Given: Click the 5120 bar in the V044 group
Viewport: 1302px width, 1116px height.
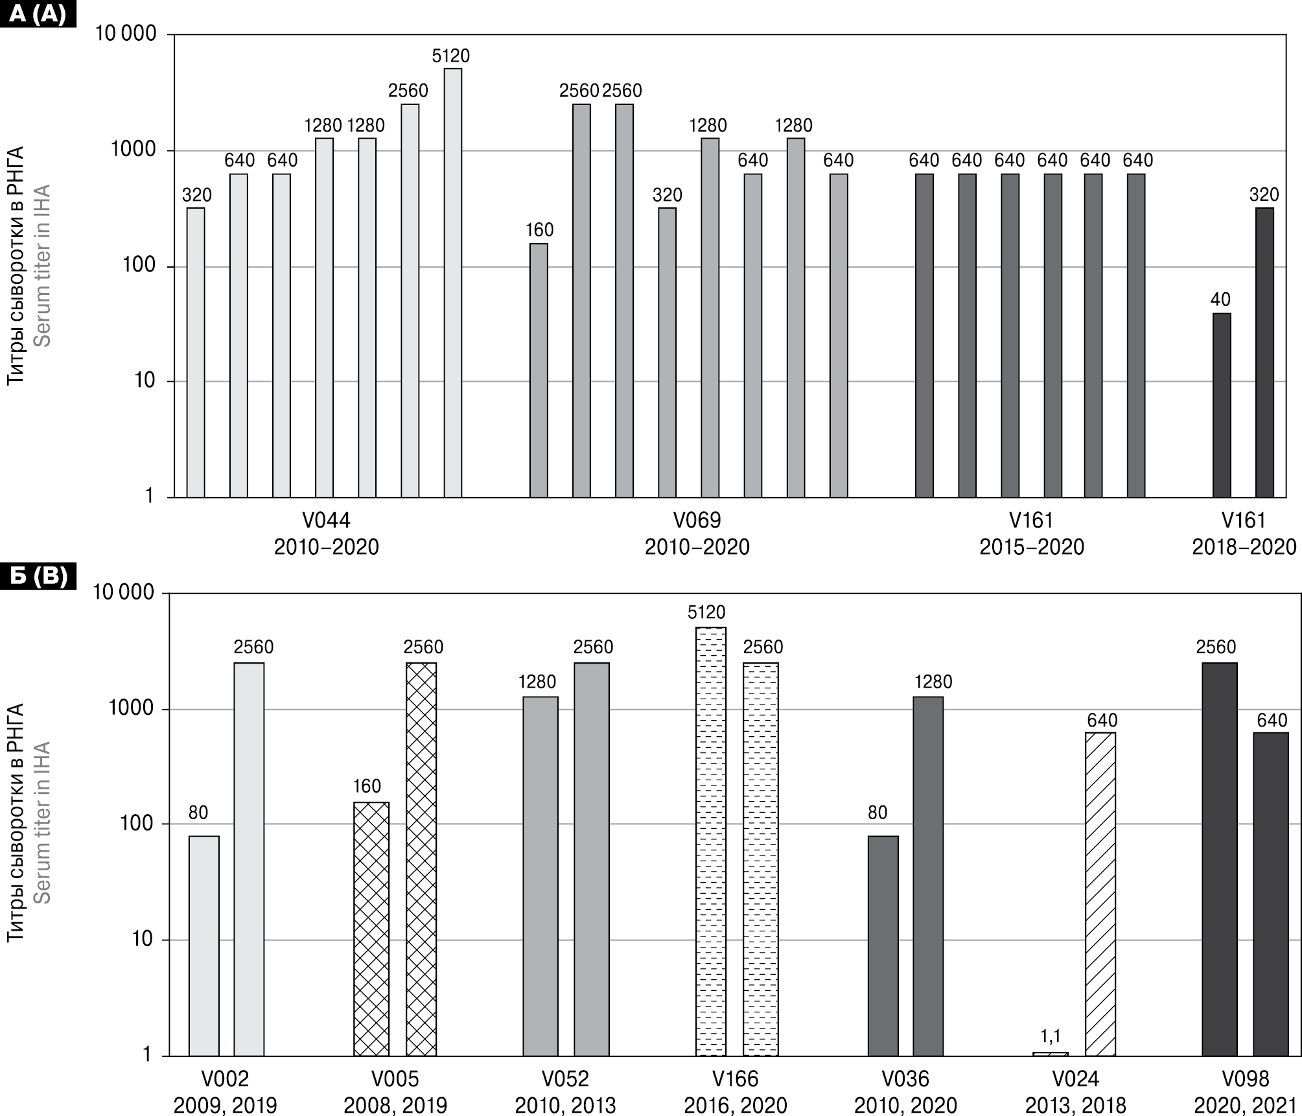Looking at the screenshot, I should pos(452,283).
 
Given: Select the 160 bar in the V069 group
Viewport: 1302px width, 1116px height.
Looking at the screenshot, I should pos(539,370).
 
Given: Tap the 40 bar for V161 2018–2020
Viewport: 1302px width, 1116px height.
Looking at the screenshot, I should pos(1221,405).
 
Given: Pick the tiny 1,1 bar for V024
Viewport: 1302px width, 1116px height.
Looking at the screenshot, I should pos(1050,1054).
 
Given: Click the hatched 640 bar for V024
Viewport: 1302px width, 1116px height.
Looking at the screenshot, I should pos(1100,894).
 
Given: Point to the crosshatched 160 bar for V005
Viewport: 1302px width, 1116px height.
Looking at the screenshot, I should pos(371,929).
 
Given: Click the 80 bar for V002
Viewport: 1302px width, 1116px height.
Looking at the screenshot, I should pos(203,946).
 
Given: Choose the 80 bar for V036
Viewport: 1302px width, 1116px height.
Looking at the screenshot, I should pos(883,946).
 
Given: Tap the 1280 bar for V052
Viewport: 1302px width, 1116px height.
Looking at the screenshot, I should pos(540,876).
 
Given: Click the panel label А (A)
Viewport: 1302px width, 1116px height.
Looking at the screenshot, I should pos(38,13).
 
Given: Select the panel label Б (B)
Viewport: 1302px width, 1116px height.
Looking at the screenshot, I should pos(38,575).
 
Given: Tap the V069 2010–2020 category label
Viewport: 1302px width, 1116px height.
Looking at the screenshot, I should pos(697,533).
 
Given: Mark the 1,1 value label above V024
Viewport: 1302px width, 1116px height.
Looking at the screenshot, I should pos(1050,1036).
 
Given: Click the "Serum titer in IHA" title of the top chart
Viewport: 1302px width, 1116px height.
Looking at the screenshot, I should pos(41,266).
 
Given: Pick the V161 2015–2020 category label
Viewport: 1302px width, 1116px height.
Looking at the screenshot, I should pos(1031,533).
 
